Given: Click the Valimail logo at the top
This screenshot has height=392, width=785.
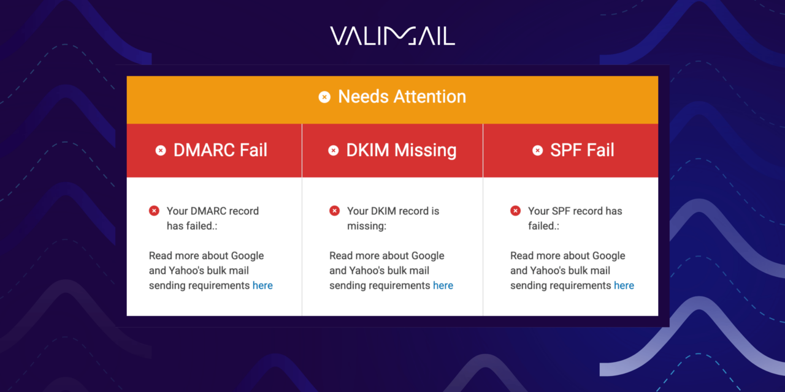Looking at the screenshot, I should [x=392, y=36].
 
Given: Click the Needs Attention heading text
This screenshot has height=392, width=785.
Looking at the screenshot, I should [x=402, y=97].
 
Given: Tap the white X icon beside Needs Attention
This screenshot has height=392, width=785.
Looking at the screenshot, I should [x=324, y=97].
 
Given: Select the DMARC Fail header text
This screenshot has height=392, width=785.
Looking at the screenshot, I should [x=220, y=151].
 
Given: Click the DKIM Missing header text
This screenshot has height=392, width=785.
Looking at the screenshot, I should [x=401, y=151].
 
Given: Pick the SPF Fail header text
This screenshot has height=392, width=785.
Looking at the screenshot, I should [x=582, y=151].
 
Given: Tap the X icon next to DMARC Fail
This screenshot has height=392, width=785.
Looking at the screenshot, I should [x=161, y=151].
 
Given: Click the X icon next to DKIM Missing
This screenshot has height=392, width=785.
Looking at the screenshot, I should [x=334, y=151].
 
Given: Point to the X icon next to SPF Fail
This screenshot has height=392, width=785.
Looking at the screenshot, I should [x=538, y=151].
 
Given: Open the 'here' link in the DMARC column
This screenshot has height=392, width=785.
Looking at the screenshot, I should [x=262, y=285].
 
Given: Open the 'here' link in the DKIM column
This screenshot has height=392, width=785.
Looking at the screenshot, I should [x=443, y=285].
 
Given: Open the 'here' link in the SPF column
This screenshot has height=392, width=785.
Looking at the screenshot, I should [x=624, y=285].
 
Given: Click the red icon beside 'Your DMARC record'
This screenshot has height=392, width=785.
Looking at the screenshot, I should [x=154, y=211].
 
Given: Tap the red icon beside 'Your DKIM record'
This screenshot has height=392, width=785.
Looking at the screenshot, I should [x=334, y=211].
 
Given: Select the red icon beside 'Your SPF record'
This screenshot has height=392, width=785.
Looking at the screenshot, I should [x=515, y=211].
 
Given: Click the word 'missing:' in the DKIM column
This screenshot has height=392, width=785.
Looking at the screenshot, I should [x=367, y=226].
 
